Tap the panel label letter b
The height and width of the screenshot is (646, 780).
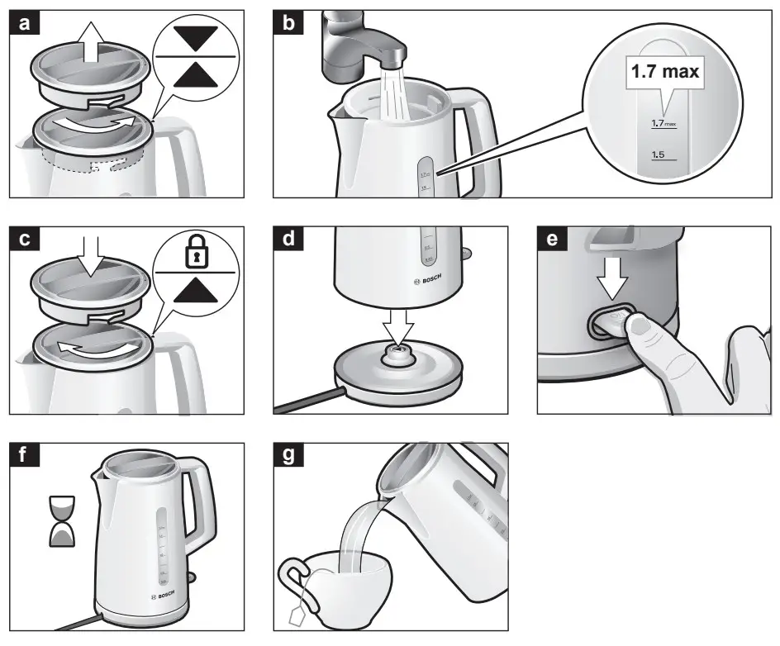pos(288,25)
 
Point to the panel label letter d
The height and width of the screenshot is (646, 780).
pos(288,241)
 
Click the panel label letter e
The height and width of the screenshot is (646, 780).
pos(552,241)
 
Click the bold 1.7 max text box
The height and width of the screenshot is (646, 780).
pos(664,72)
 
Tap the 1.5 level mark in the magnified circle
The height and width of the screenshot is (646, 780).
pos(659,154)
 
